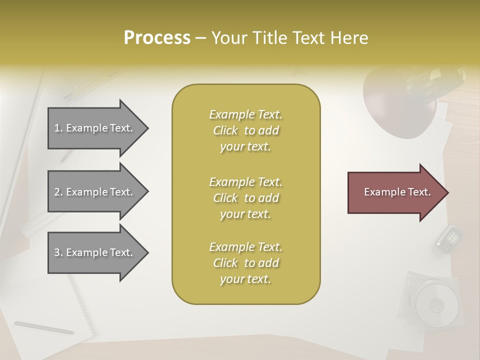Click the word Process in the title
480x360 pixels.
click(157, 38)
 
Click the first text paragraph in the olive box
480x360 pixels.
click(245, 130)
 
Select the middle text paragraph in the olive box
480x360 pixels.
click(245, 198)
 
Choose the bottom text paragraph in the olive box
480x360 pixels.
click(245, 263)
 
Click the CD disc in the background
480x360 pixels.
click(436, 304)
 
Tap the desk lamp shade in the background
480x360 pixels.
click(392, 107)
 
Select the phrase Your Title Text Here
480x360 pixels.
click(289, 38)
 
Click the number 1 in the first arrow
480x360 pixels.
click(56, 128)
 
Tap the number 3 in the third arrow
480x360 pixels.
click(57, 252)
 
